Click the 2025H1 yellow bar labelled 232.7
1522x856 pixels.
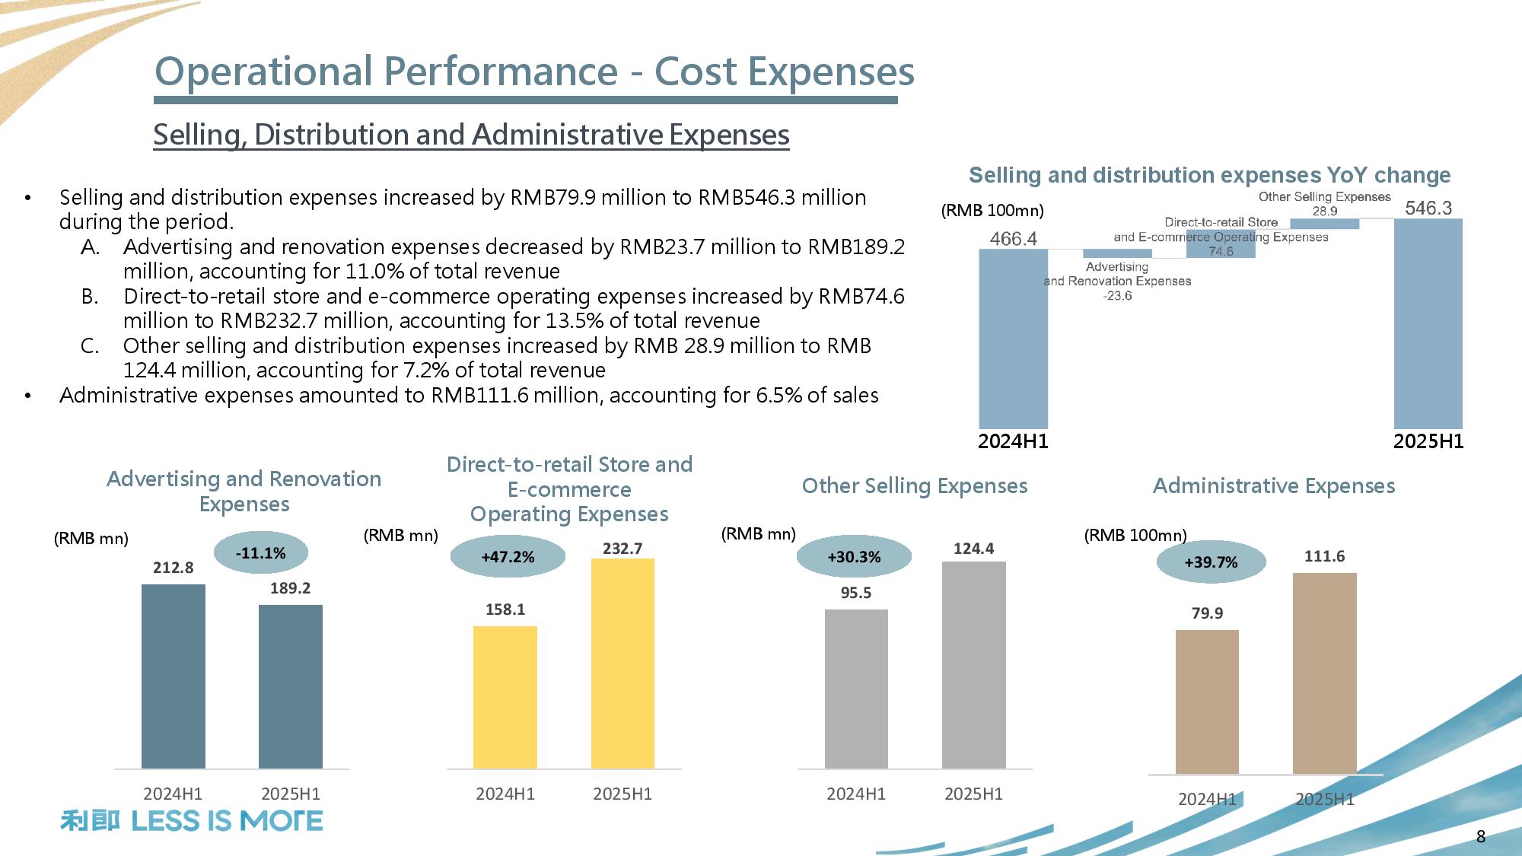622,663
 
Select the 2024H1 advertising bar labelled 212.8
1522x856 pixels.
174,676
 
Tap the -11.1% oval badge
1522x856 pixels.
260,553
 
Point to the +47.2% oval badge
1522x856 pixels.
508,557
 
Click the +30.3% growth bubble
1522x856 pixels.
854,557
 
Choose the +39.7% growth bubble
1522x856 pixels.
1211,562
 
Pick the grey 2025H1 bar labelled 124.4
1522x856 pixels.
973,664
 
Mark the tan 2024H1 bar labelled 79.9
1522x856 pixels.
1207,702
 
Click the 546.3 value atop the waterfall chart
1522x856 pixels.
1428,208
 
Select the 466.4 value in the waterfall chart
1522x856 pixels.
1013,239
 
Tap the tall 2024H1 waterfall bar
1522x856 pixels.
1013,339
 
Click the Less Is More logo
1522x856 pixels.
192,821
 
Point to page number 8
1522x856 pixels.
1480,836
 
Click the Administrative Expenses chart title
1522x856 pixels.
1274,485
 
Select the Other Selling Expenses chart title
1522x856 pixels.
915,485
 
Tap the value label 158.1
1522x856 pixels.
505,609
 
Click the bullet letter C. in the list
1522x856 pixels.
90,346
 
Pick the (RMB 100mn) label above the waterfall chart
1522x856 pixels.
992,211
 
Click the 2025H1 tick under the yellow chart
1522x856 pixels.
622,794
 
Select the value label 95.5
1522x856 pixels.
856,593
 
